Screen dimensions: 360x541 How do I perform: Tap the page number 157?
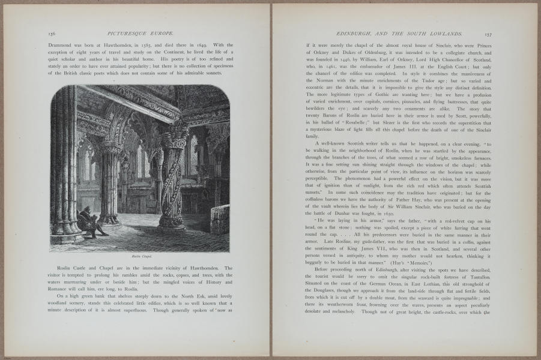488,35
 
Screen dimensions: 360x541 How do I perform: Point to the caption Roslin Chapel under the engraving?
139,256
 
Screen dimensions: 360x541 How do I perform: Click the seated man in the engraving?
91,221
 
